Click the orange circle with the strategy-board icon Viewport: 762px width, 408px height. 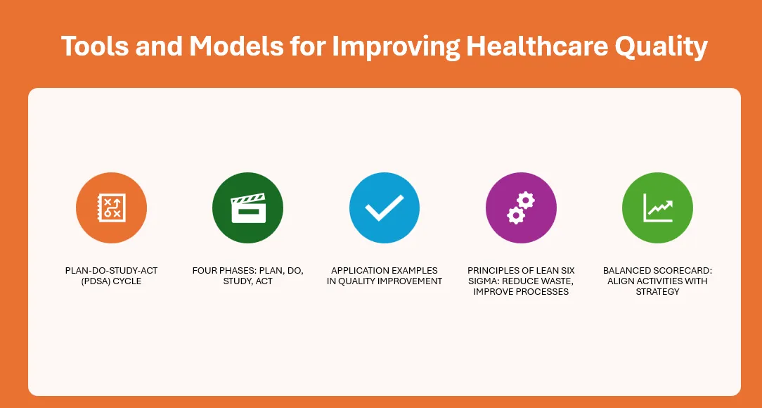(x=111, y=208)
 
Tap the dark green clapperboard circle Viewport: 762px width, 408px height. (x=248, y=208)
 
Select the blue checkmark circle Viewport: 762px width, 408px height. (x=385, y=208)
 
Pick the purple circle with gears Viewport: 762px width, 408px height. (x=521, y=208)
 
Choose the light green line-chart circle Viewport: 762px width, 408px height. (x=657, y=208)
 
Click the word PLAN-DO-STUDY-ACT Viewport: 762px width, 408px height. (x=111, y=270)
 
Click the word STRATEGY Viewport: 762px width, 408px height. (x=657, y=292)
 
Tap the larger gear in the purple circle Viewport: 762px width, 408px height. (x=526, y=200)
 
